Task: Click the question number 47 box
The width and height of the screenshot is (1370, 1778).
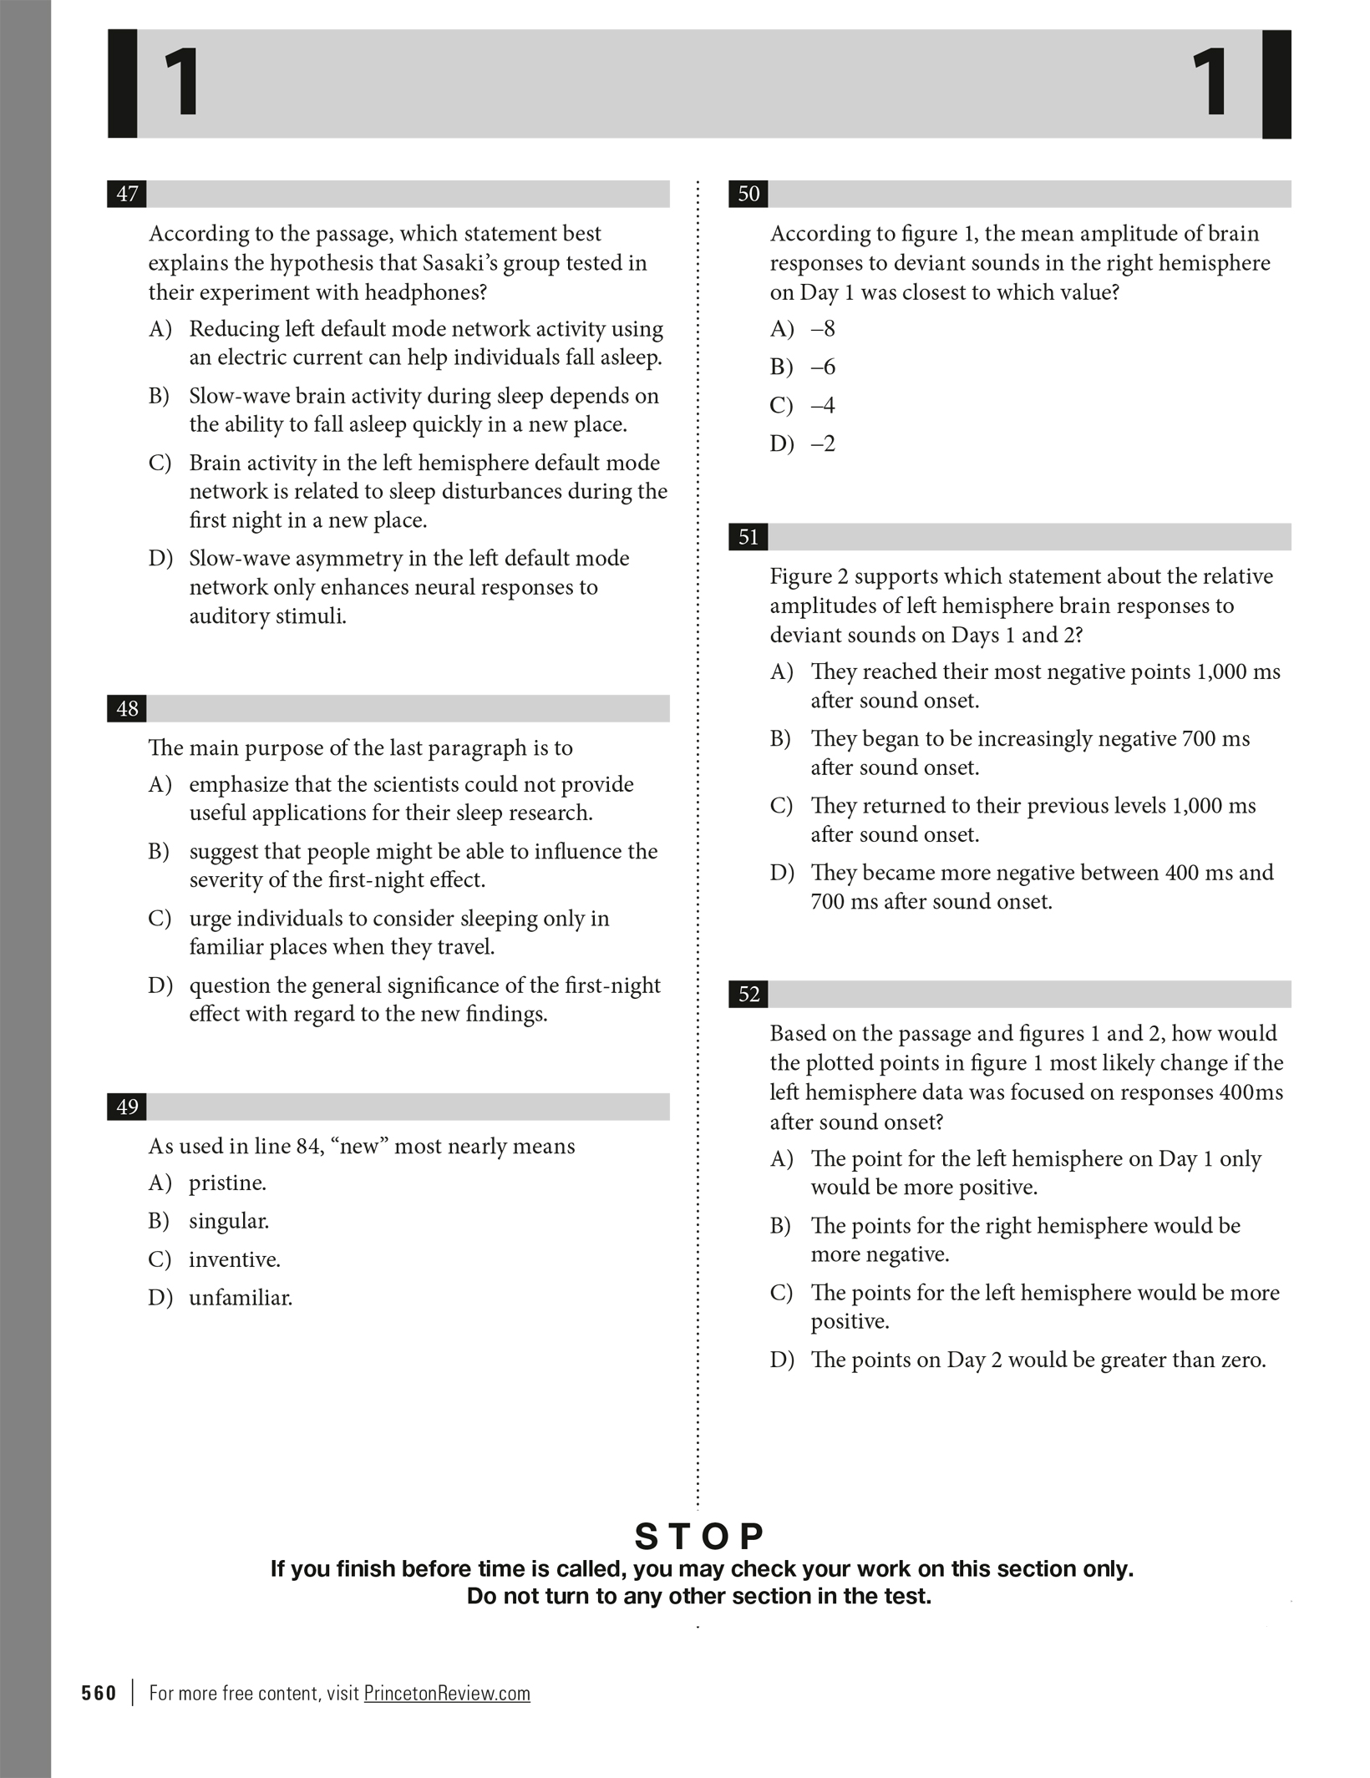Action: (x=128, y=194)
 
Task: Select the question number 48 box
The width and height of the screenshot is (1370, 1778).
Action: (x=128, y=709)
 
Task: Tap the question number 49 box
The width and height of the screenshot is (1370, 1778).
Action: (x=128, y=1107)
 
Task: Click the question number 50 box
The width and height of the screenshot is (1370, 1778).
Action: (x=748, y=194)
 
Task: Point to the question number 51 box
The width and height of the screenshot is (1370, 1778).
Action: (x=748, y=537)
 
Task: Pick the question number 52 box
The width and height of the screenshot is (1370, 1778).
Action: (x=748, y=994)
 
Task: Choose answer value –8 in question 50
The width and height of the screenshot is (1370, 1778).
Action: (x=823, y=329)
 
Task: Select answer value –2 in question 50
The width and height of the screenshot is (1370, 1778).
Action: (x=823, y=443)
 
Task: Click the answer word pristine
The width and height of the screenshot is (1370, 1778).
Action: (x=227, y=1183)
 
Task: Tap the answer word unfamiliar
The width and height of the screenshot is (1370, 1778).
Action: (x=241, y=1298)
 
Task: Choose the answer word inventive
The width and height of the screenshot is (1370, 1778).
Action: (x=234, y=1259)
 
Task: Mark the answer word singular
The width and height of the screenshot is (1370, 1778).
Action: (x=229, y=1222)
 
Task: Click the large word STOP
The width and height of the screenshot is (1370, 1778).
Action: (x=699, y=1536)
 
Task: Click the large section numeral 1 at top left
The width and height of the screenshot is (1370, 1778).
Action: (x=182, y=84)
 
